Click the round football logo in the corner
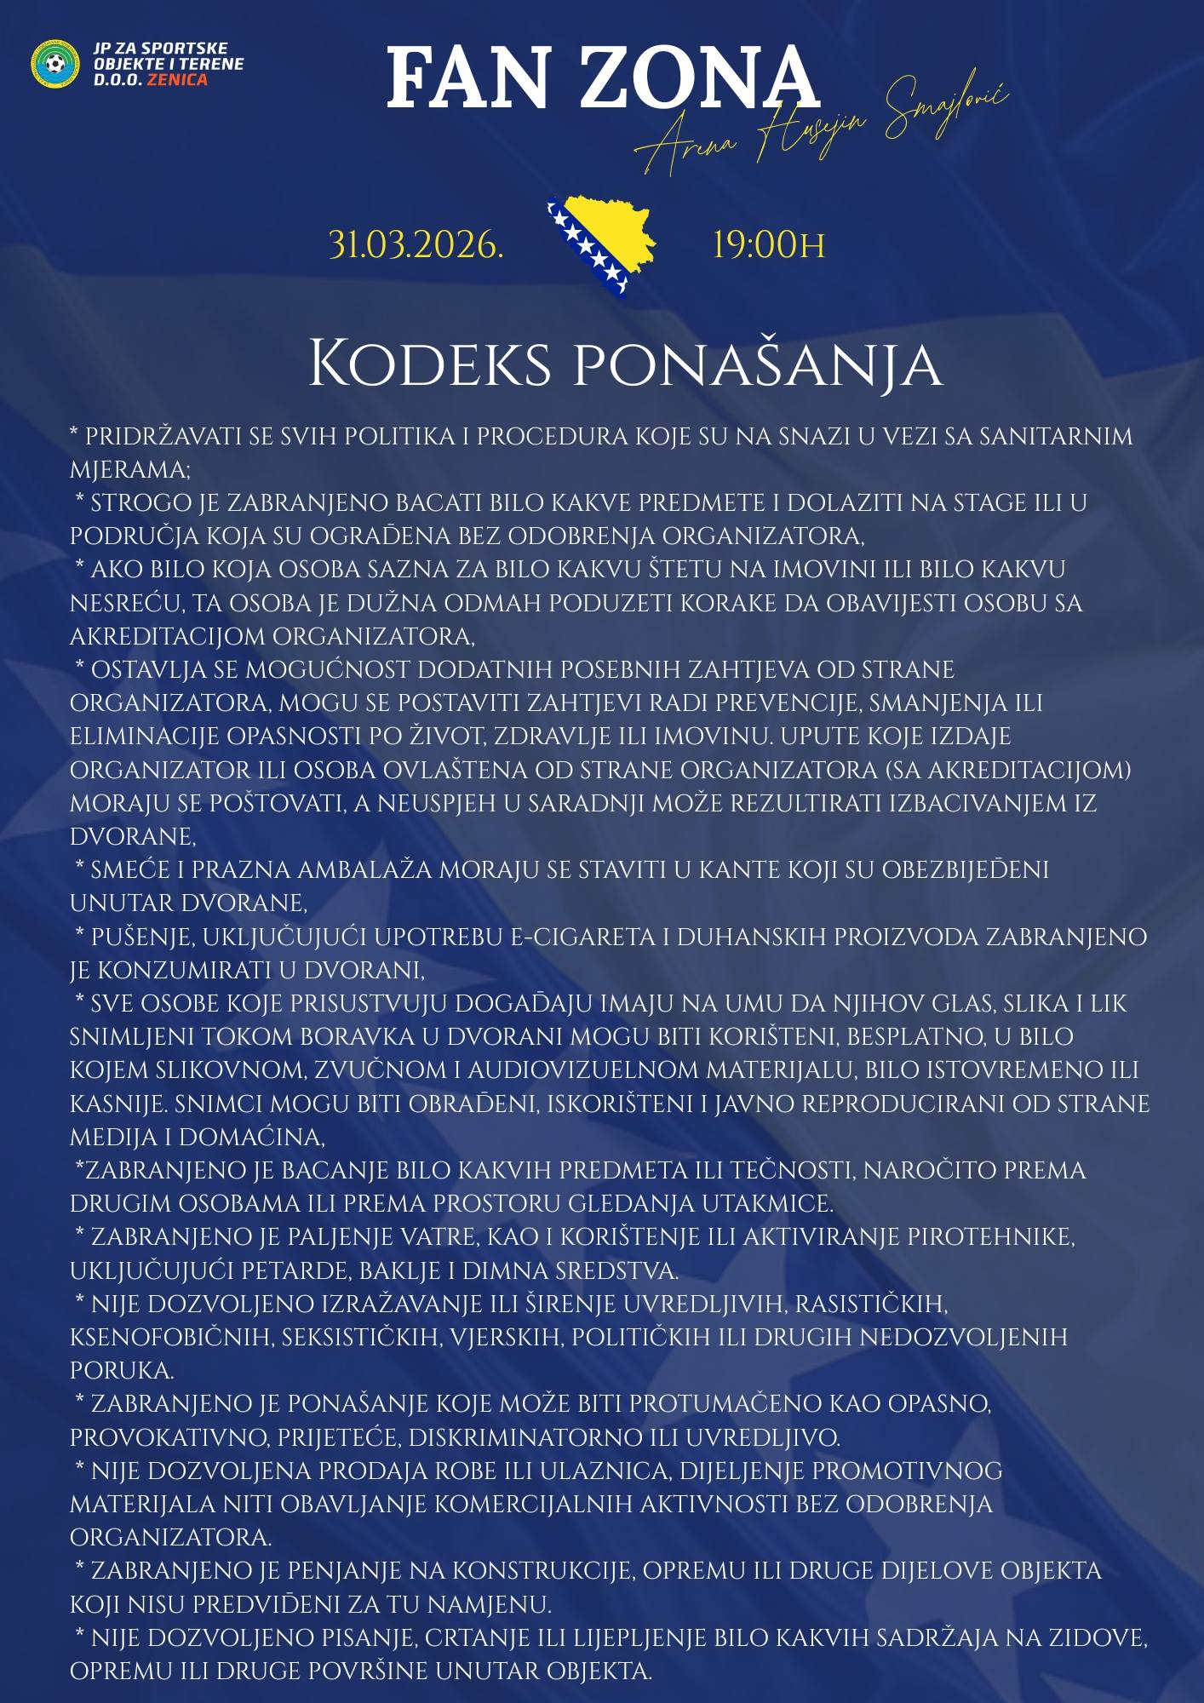tap(55, 63)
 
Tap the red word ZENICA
tap(177, 80)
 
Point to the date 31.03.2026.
tap(416, 245)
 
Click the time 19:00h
tap(768, 245)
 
